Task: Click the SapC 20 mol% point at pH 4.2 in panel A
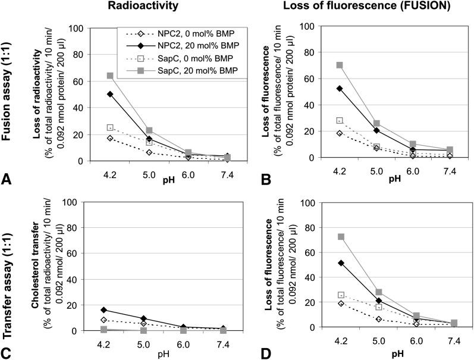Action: click(x=110, y=76)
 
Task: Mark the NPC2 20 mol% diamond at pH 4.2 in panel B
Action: click(x=340, y=88)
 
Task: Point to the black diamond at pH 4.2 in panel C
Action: click(x=105, y=310)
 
